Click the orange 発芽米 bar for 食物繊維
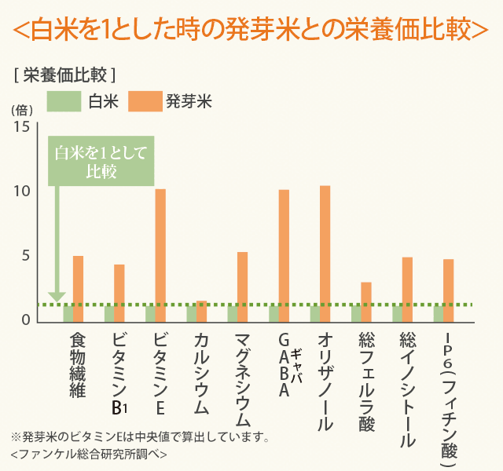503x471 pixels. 78,288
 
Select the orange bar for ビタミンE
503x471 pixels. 160,255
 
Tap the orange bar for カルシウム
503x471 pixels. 201,311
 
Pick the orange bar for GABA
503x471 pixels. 284,255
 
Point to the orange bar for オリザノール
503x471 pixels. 325,254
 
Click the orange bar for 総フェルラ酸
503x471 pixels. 366,301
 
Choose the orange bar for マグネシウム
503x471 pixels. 242,287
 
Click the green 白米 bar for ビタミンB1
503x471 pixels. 109,312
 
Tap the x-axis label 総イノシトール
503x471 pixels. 407,389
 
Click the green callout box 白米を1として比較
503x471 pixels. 101,162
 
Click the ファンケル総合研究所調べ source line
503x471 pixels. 89,455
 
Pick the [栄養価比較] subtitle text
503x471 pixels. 65,75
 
